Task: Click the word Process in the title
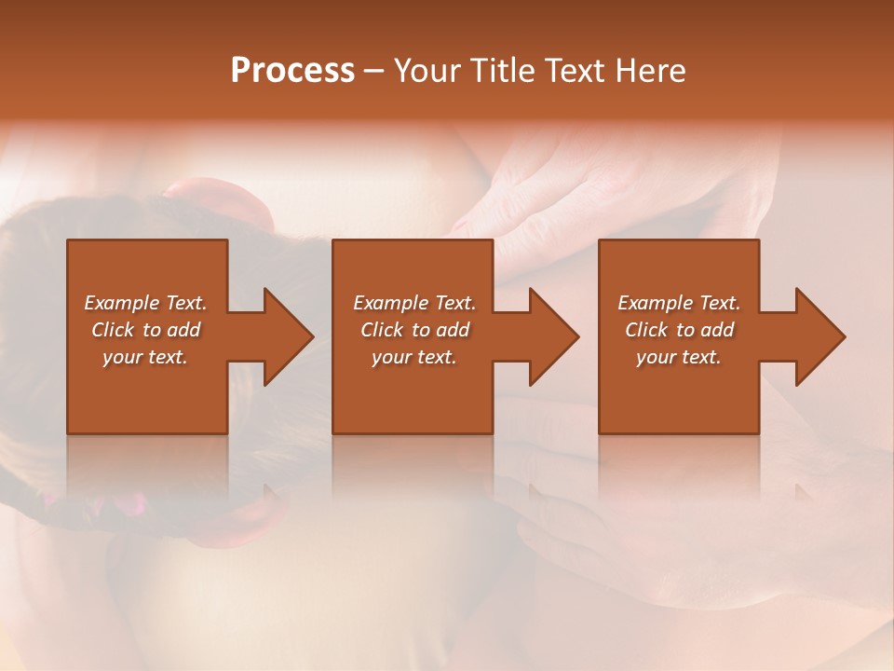292,71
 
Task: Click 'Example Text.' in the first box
145,303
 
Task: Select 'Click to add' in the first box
145,330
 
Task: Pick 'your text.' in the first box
145,357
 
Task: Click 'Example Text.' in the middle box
414,303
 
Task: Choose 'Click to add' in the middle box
414,330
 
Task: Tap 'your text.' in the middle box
414,357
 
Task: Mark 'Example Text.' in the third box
679,303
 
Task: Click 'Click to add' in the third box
679,330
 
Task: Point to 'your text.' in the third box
679,357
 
